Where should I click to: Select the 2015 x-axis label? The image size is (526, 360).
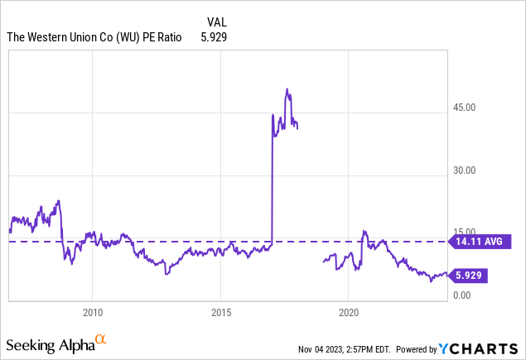(x=220, y=313)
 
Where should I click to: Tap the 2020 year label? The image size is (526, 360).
(x=349, y=313)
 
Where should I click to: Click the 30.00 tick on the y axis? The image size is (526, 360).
(x=466, y=170)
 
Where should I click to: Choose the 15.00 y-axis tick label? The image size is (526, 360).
(x=466, y=233)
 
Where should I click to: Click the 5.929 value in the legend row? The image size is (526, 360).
(x=214, y=36)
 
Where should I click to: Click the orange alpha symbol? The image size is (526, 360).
(x=100, y=339)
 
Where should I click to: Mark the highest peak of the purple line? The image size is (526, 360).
(x=287, y=89)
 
